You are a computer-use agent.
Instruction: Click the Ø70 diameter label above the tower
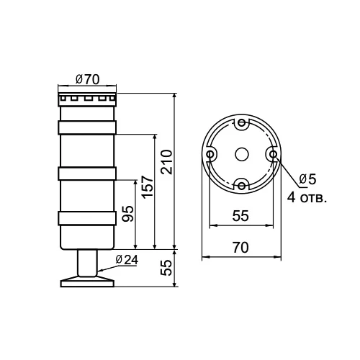pos(87,79)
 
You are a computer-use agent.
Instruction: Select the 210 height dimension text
pos(167,162)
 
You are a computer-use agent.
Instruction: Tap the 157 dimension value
pos(147,187)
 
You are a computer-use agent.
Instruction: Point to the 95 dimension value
pos(127,214)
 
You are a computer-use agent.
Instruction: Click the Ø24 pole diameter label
pos(127,260)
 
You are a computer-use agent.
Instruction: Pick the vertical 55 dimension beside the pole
pos(166,268)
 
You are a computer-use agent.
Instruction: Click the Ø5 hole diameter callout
pos(308,179)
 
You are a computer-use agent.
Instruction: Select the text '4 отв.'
pos(307,198)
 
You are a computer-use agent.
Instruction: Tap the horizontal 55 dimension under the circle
pos(240,215)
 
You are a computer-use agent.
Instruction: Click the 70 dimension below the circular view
pos(240,248)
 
